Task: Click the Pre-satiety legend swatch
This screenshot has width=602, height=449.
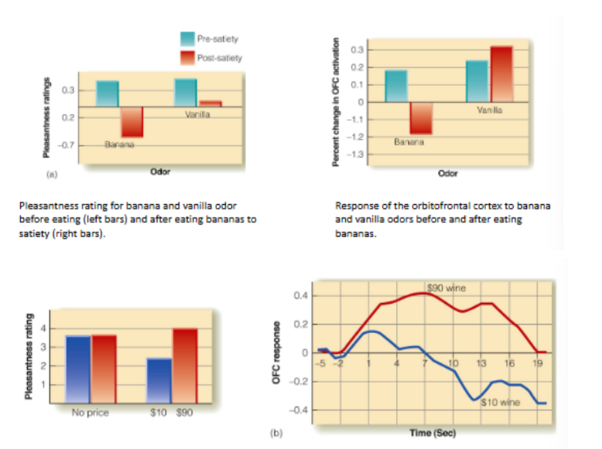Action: pyautogui.click(x=187, y=39)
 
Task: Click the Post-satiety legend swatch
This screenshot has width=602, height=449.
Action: pyautogui.click(x=187, y=57)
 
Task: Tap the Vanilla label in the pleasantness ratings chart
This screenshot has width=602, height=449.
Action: pyautogui.click(x=199, y=114)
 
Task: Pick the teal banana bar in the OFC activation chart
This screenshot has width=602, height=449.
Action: pyautogui.click(x=396, y=86)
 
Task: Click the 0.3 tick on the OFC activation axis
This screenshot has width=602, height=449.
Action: pyautogui.click(x=357, y=50)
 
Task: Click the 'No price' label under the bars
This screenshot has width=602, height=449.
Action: pyautogui.click(x=90, y=411)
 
